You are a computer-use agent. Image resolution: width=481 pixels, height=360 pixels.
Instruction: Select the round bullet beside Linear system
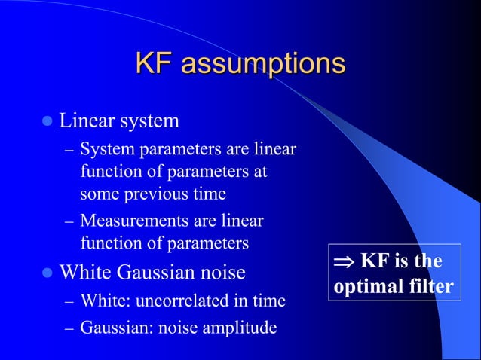[48, 121]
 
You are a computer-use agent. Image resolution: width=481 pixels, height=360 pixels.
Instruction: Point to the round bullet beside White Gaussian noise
[48, 270]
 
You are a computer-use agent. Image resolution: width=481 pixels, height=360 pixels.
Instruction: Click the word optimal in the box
[364, 287]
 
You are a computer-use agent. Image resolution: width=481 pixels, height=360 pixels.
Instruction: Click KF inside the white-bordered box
[373, 261]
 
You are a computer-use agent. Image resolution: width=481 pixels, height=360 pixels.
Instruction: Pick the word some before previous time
[97, 194]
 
